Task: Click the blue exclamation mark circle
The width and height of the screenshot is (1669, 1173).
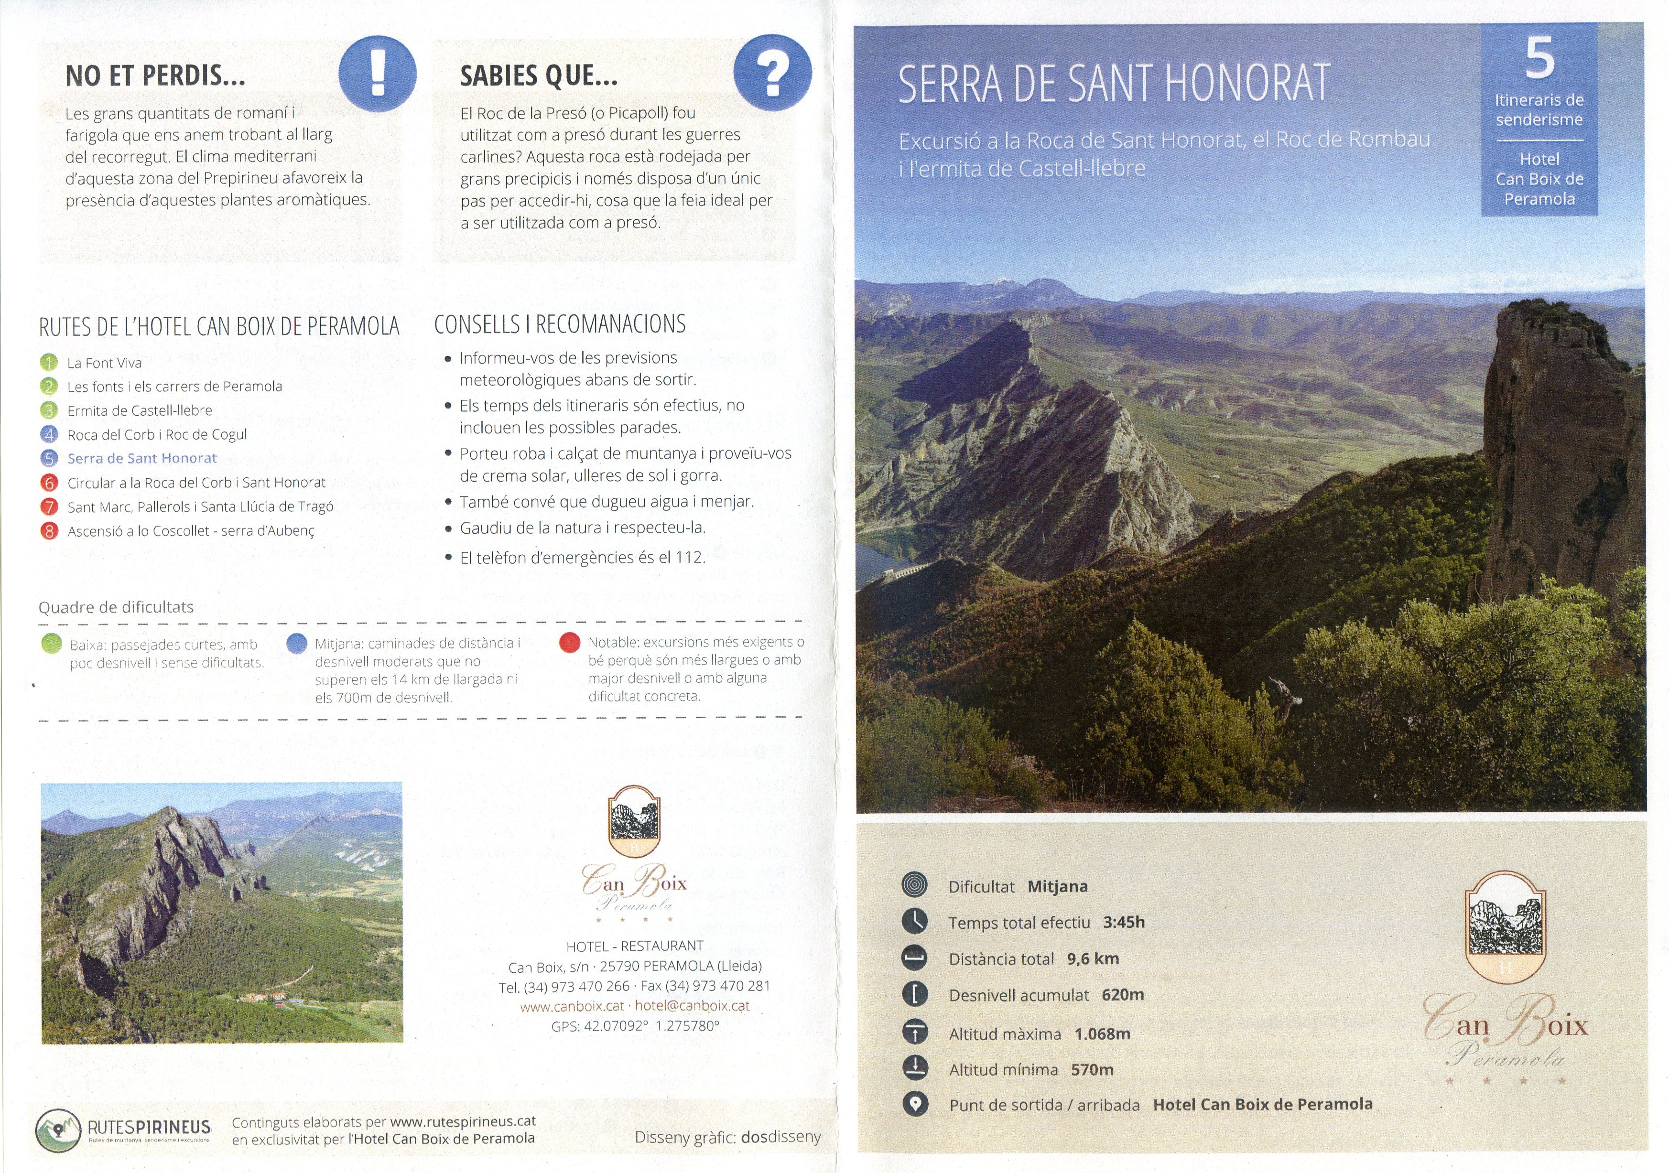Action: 377,74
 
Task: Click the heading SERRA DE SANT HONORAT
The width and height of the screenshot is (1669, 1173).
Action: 1114,84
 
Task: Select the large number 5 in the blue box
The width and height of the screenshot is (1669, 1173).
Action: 1539,58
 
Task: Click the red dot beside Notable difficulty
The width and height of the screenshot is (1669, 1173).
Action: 570,643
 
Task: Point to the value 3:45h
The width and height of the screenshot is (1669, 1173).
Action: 1124,922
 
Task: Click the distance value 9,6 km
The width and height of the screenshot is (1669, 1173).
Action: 1093,958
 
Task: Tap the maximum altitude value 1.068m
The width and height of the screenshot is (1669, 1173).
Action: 1102,1033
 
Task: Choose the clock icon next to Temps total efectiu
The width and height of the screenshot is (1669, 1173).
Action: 915,922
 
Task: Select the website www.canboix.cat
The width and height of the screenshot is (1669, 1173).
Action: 572,1007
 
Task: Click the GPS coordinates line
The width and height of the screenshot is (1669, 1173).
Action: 635,1026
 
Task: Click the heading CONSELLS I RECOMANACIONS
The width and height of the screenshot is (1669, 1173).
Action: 560,324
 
